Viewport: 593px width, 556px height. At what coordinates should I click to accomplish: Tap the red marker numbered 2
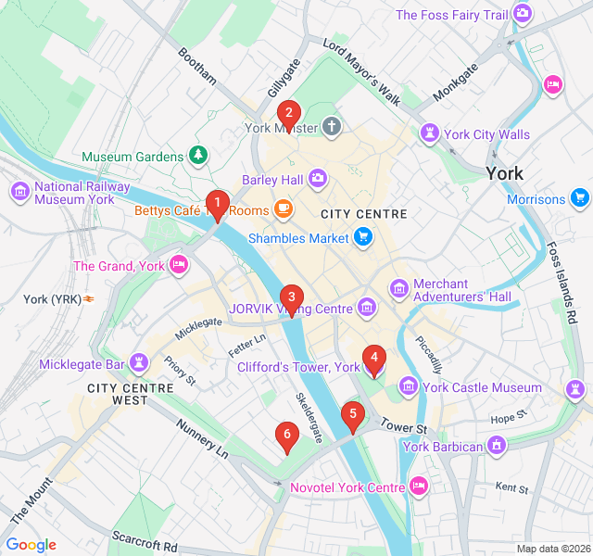(x=288, y=115)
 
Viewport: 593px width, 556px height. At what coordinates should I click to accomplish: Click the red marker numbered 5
(x=352, y=416)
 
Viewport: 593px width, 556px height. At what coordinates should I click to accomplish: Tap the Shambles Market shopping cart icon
(x=363, y=239)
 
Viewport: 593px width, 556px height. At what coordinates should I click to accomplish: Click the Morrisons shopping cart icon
(x=580, y=198)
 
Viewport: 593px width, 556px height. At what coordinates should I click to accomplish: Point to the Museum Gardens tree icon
(x=197, y=156)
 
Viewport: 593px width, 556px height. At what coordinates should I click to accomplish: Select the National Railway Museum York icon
(x=19, y=192)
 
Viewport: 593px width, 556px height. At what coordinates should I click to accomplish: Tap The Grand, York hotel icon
(x=180, y=266)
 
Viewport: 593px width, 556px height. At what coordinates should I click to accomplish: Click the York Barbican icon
(x=498, y=447)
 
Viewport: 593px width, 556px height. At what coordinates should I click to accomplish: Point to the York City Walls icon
(x=429, y=134)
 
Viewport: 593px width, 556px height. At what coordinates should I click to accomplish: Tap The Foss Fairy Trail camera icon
(x=523, y=14)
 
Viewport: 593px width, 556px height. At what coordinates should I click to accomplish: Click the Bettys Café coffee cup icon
(x=283, y=209)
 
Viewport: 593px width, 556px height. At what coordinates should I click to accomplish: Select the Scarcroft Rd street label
(x=144, y=539)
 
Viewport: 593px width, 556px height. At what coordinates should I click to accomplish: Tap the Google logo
(x=32, y=545)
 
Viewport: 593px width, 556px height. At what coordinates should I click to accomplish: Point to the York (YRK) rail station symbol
(x=90, y=298)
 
